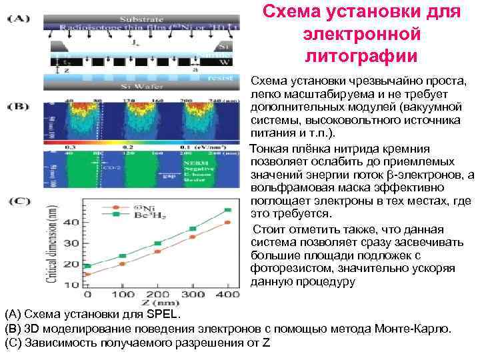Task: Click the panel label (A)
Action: point(18,19)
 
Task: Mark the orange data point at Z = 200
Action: point(157,251)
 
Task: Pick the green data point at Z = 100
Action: point(122,256)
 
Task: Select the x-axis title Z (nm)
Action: point(159,305)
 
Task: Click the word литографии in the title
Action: point(361,54)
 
